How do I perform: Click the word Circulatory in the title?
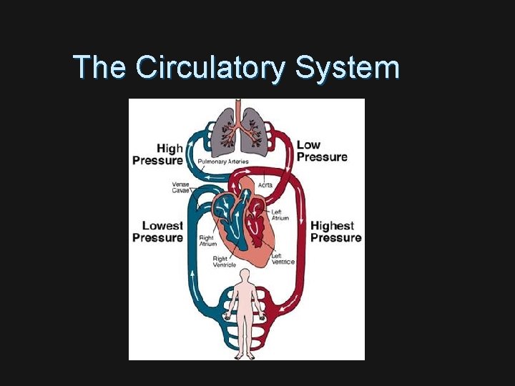point(211,68)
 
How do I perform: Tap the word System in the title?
point(347,68)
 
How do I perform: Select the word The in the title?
point(100,67)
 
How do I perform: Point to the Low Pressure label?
point(322,151)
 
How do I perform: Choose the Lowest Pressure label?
point(158,232)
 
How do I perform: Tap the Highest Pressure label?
point(335,232)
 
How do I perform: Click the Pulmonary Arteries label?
point(223,162)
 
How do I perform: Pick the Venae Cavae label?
point(181,187)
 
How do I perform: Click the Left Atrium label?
point(280,214)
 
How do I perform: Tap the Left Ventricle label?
point(283,258)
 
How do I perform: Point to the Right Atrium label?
point(207,241)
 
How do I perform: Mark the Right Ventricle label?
point(225,262)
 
